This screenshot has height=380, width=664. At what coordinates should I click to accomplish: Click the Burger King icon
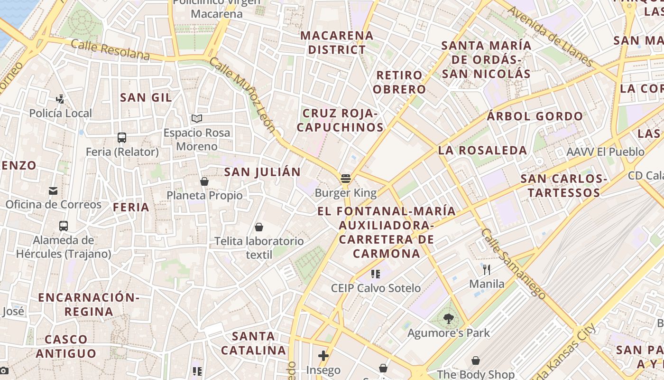pyautogui.click(x=346, y=179)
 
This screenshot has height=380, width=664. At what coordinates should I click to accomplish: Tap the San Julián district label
pyautogui.click(x=262, y=172)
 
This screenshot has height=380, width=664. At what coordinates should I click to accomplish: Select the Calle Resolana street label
pyautogui.click(x=110, y=50)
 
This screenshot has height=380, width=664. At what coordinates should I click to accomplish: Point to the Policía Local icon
pyautogui.click(x=60, y=99)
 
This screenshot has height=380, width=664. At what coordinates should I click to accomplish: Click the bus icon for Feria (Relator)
pyautogui.click(x=122, y=138)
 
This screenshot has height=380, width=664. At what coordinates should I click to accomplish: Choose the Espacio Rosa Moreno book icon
pyautogui.click(x=197, y=118)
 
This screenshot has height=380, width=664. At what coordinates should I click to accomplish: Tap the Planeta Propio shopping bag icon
pyautogui.click(x=204, y=181)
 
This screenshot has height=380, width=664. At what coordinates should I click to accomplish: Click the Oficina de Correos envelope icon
pyautogui.click(x=53, y=191)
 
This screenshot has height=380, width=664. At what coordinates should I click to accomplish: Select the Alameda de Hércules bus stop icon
pyautogui.click(x=64, y=226)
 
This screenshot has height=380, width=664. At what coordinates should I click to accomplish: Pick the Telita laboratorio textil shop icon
pyautogui.click(x=259, y=227)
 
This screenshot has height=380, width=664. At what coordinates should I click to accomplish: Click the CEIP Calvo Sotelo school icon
pyautogui.click(x=376, y=274)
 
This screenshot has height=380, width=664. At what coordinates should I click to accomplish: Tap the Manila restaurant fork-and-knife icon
pyautogui.click(x=487, y=270)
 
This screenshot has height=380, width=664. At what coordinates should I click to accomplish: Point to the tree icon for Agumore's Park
pyautogui.click(x=449, y=319)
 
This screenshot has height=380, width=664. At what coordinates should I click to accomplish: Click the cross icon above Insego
pyautogui.click(x=323, y=356)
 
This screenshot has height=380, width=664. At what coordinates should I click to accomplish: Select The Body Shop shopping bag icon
pyautogui.click(x=476, y=361)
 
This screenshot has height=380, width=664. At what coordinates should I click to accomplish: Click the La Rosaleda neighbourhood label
pyautogui.click(x=482, y=151)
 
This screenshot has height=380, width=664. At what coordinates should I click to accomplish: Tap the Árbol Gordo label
pyautogui.click(x=535, y=116)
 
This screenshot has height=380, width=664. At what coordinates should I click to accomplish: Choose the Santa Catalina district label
pyautogui.click(x=254, y=343)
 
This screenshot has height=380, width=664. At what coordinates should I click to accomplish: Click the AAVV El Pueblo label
pyautogui.click(x=606, y=152)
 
